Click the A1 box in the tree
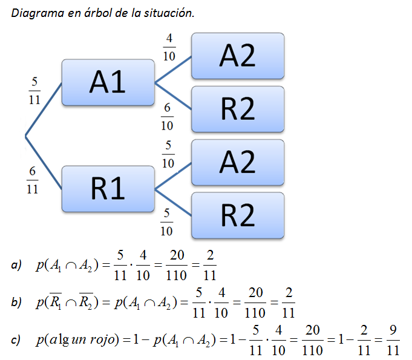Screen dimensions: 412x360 (108, 82)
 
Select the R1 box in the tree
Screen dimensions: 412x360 (108, 189)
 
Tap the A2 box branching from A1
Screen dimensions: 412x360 (238, 56)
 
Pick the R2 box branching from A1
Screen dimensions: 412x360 (238, 109)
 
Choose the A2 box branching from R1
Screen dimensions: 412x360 (238, 162)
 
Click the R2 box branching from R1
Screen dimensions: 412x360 (238, 215)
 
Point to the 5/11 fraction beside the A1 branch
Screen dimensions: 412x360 (34, 91)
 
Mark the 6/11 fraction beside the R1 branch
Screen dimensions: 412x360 (32, 180)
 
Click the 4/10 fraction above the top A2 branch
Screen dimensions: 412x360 (169, 47)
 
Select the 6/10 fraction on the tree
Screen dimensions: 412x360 (167, 116)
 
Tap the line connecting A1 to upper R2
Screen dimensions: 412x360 (173, 96)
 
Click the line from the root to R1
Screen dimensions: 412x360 (44, 162)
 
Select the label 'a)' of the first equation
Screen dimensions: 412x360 (16, 264)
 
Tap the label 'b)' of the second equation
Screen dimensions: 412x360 (16, 302)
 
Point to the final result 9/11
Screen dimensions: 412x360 (393, 339)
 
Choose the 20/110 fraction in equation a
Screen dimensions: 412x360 (177, 265)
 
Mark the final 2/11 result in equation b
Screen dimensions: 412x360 (289, 303)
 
